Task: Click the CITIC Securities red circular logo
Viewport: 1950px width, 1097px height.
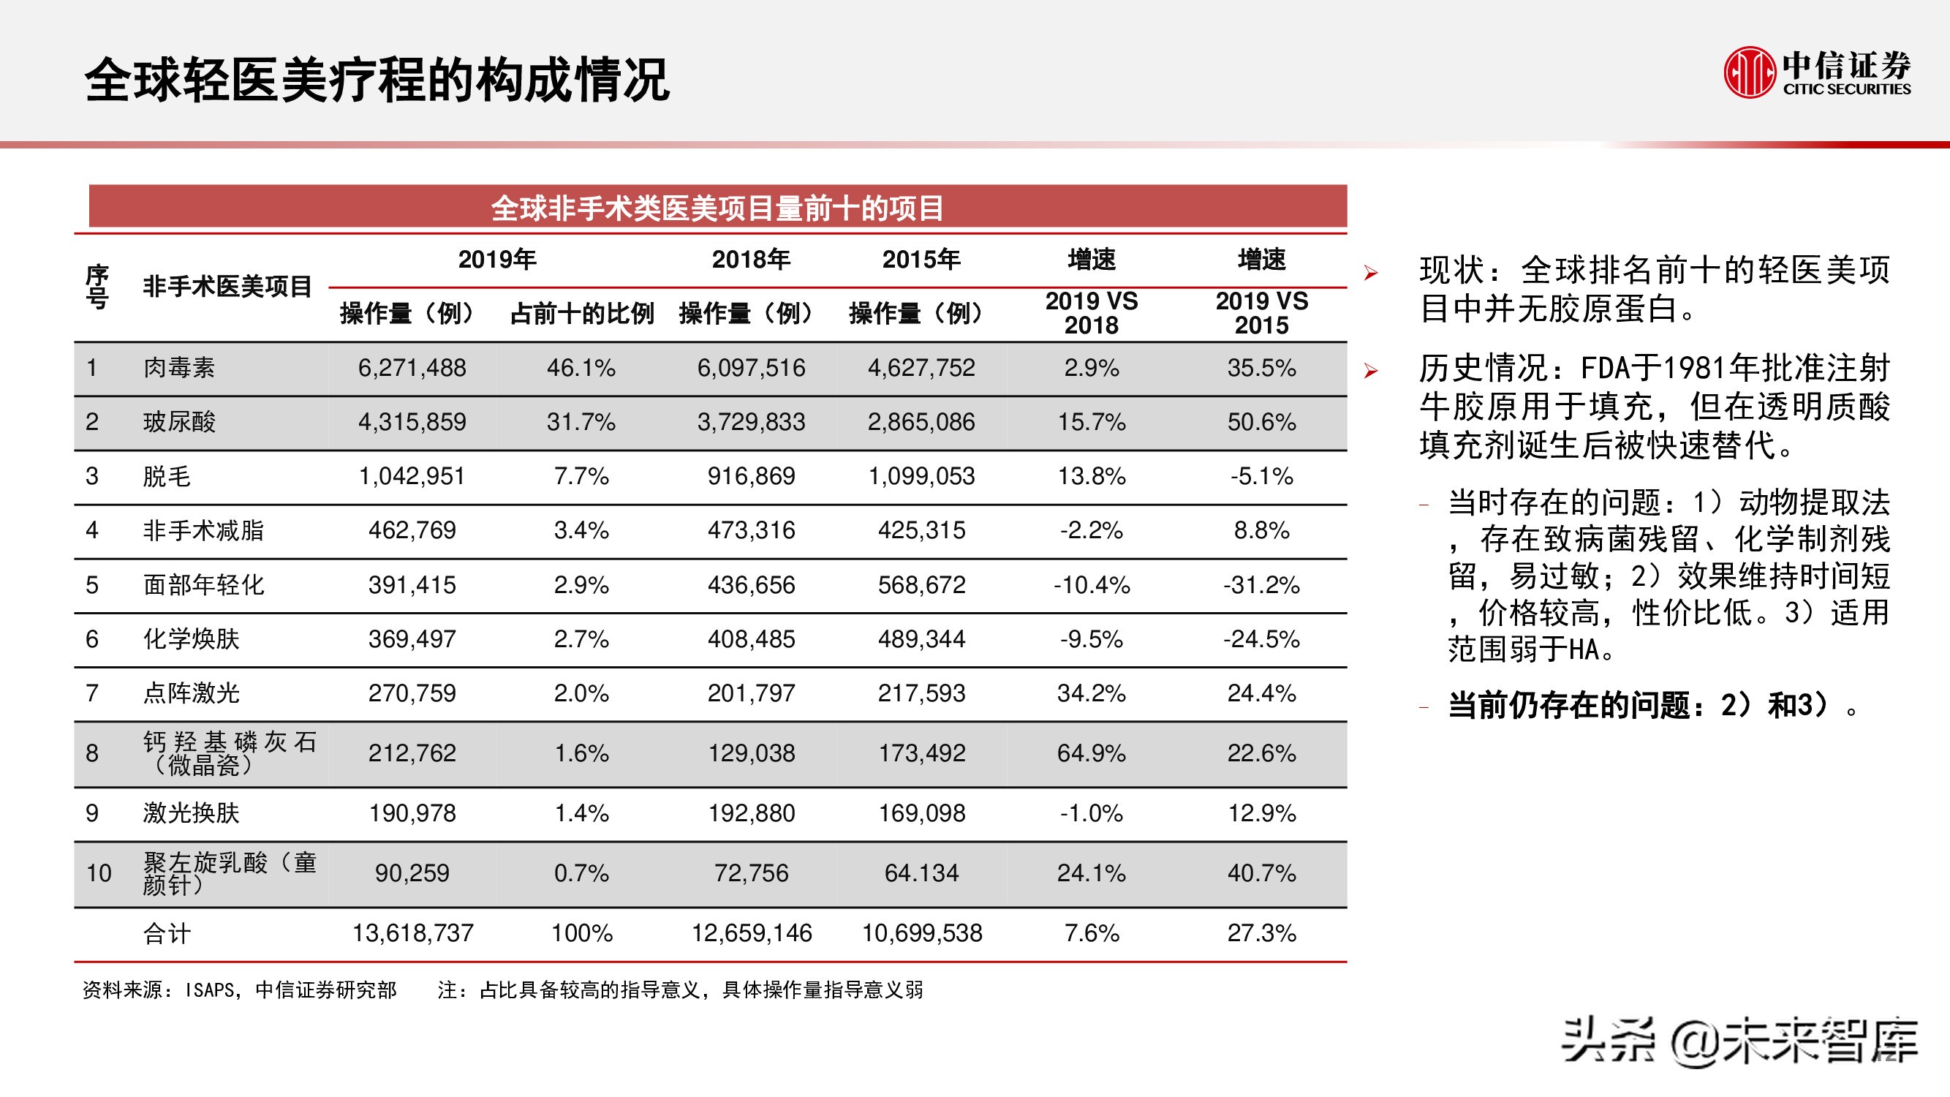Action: [1750, 72]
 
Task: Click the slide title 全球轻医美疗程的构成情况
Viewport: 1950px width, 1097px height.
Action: [377, 80]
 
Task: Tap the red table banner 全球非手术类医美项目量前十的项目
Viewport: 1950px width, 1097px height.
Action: [717, 208]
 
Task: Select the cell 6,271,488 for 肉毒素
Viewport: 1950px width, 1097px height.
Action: [412, 368]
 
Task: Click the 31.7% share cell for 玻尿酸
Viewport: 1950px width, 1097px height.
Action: [581, 422]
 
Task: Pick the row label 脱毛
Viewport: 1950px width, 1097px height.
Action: [167, 476]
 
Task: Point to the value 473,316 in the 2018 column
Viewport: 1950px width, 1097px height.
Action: [751, 530]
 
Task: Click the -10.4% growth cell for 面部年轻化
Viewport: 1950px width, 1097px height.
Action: [1091, 584]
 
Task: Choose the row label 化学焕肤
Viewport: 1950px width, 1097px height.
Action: [191, 639]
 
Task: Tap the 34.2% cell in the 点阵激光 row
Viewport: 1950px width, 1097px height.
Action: [1091, 693]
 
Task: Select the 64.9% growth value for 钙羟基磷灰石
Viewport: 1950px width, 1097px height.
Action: [1091, 753]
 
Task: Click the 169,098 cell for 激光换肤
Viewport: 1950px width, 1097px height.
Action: [921, 813]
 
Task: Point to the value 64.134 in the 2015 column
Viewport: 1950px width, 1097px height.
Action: [921, 873]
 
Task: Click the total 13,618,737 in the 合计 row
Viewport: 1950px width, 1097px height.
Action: [412, 932]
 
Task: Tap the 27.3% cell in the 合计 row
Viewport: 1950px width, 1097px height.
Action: [1261, 932]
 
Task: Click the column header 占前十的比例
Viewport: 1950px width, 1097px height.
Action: [581, 314]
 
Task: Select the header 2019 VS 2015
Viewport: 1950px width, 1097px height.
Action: [1261, 314]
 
